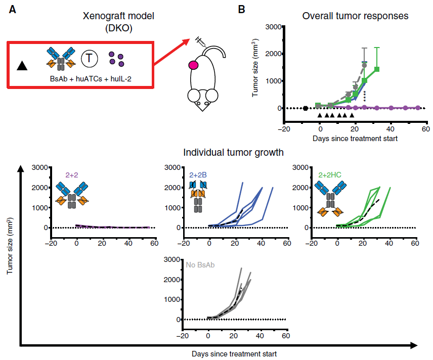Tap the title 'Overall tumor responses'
355,16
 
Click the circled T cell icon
89,59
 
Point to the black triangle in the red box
22,65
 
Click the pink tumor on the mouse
193,65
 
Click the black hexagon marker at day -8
306,108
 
